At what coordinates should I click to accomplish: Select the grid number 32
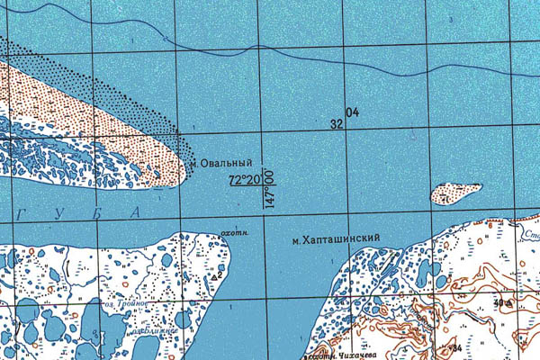[337, 124]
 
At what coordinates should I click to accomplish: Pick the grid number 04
[352, 112]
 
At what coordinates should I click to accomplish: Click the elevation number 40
[498, 302]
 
